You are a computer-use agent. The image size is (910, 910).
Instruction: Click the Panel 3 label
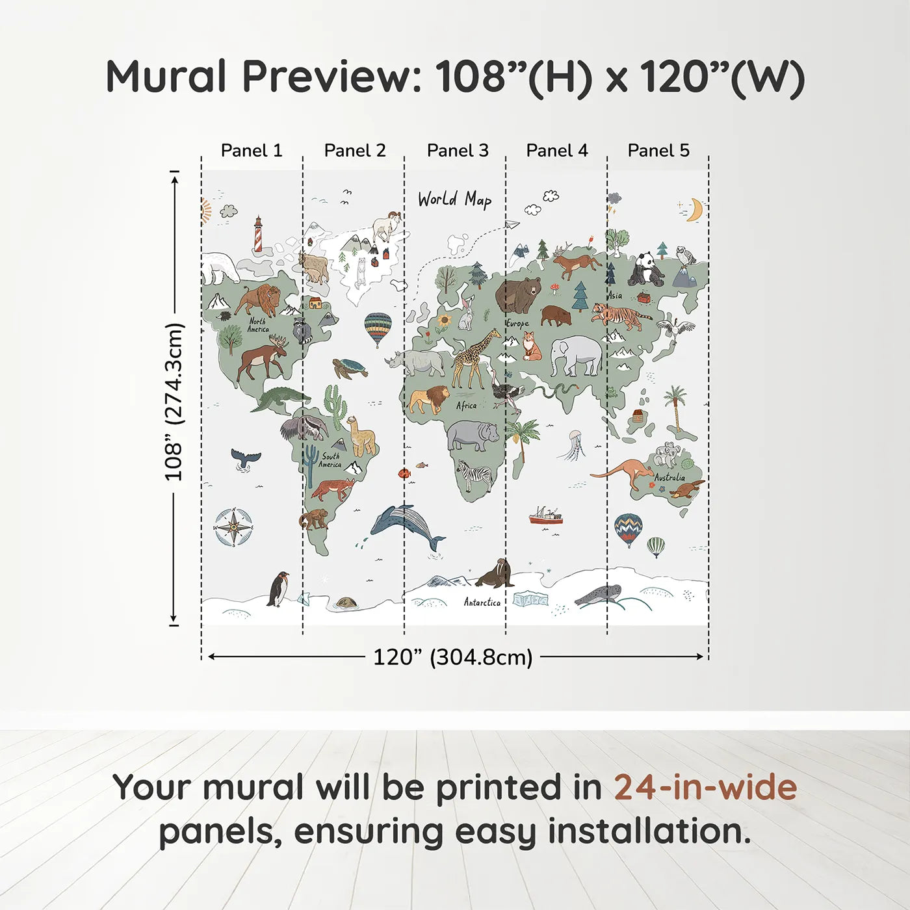click(x=457, y=150)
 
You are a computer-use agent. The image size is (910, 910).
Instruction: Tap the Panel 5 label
click(x=658, y=150)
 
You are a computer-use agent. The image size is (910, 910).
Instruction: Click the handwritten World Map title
click(x=454, y=200)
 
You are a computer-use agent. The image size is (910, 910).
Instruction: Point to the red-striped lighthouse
click(x=258, y=234)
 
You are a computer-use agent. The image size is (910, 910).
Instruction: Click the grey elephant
click(x=576, y=356)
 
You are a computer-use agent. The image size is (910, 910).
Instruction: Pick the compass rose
click(x=233, y=526)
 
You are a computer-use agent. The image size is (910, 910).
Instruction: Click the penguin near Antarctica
click(x=279, y=589)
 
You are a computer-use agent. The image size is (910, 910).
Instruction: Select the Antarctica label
click(x=482, y=603)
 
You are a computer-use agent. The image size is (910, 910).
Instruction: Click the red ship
click(x=545, y=517)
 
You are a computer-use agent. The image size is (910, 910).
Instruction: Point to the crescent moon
click(x=695, y=209)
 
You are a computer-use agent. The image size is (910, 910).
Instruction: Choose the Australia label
click(x=669, y=477)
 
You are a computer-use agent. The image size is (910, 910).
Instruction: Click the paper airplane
click(x=512, y=225)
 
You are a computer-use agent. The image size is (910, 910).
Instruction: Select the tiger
click(x=619, y=316)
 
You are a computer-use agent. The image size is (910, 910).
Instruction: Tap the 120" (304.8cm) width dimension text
click(x=452, y=657)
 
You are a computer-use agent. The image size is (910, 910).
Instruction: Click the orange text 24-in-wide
click(x=705, y=787)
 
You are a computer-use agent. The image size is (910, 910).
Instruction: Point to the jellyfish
click(x=575, y=445)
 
